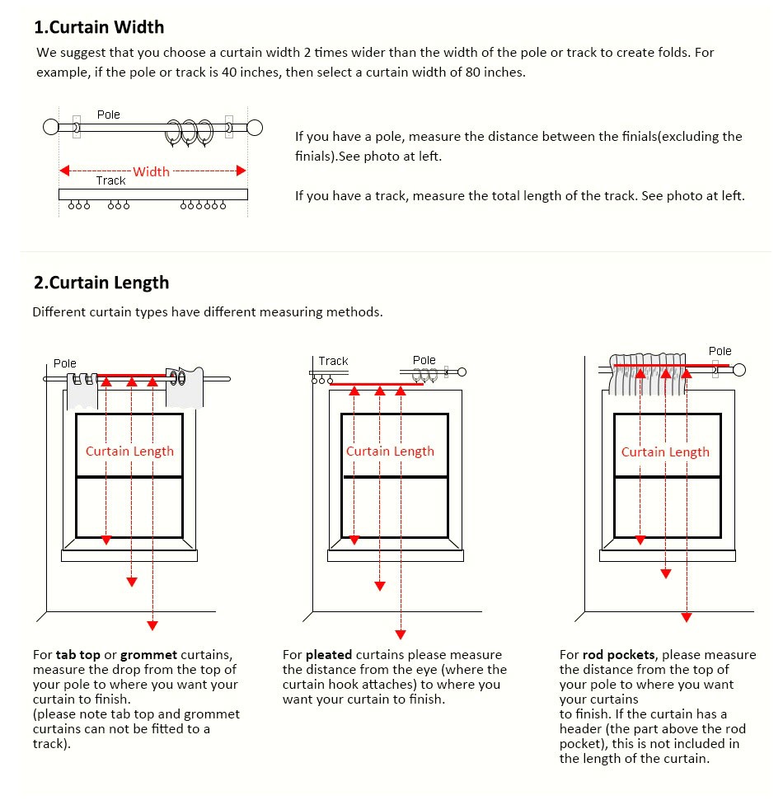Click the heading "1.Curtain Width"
click(x=99, y=27)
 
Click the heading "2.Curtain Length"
click(x=101, y=283)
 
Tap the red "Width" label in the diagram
click(x=151, y=171)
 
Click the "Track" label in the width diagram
click(x=110, y=180)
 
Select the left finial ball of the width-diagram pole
click(x=51, y=127)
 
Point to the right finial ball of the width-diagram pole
click(x=255, y=127)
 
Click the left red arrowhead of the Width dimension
click(x=63, y=171)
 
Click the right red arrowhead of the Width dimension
click(x=241, y=171)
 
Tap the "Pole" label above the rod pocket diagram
click(x=720, y=351)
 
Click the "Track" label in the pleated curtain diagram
click(x=333, y=361)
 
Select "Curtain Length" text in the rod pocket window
click(x=665, y=451)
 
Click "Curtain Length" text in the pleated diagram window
click(x=390, y=451)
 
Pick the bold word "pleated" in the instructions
click(x=329, y=655)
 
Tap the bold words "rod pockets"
click(x=619, y=655)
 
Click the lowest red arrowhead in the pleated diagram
click(x=401, y=634)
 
